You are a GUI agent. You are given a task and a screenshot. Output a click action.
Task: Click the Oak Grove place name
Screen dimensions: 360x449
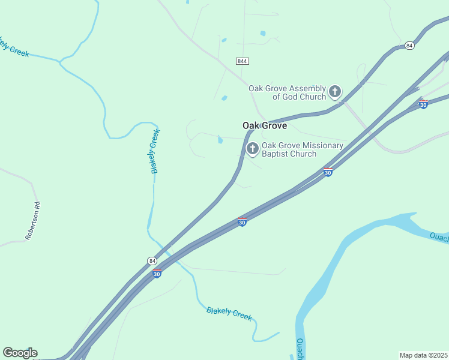click(x=265, y=126)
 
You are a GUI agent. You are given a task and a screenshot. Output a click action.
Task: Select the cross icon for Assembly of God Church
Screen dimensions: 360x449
click(x=335, y=92)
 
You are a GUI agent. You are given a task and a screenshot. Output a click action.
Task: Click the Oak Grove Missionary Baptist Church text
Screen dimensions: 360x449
click(x=302, y=149)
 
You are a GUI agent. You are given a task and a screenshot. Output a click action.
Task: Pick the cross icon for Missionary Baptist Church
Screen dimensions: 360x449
click(x=253, y=148)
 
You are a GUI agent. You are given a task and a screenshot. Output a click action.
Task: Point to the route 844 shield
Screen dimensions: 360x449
click(x=243, y=61)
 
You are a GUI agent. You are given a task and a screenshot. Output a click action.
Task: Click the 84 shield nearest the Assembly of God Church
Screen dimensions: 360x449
click(x=409, y=46)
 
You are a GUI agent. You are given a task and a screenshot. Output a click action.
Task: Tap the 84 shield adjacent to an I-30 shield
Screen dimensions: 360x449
click(x=152, y=261)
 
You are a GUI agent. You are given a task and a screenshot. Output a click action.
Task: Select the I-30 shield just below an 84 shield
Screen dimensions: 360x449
click(x=157, y=274)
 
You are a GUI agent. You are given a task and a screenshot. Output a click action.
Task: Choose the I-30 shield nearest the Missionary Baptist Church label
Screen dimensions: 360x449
click(x=328, y=172)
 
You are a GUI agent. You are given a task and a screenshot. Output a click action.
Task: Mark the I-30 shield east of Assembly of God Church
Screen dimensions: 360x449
click(x=423, y=104)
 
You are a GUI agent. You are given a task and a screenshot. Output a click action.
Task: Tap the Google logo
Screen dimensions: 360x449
click(x=20, y=353)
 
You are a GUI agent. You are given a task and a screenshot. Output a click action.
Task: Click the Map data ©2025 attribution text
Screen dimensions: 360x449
click(x=423, y=355)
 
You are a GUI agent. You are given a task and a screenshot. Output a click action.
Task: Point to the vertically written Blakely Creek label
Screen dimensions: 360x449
click(x=155, y=151)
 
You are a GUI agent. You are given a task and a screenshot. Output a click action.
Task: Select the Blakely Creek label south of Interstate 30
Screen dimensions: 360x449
click(x=229, y=313)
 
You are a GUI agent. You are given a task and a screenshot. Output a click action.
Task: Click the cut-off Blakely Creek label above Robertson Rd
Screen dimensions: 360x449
click(x=14, y=47)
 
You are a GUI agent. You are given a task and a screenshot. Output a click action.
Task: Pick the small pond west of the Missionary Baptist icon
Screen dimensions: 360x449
click(x=220, y=140)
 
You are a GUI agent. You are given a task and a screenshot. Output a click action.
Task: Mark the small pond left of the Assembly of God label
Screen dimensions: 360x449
click(x=224, y=98)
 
